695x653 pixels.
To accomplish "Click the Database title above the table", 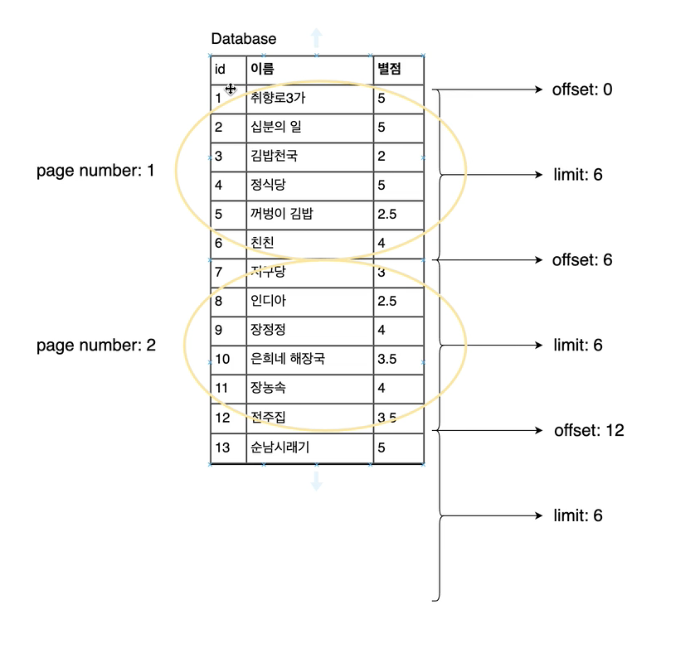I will point(244,39).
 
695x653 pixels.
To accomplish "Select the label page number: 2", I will point(95,346).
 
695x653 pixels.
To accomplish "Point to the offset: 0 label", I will point(582,89).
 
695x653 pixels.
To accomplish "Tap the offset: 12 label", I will point(588,431).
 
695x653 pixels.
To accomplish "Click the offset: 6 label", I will point(582,260).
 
